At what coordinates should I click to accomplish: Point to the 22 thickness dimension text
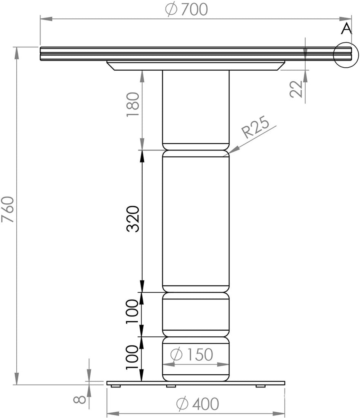pos(297,89)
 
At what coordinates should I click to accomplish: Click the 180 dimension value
pos(134,104)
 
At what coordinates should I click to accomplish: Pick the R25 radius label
pos(255,129)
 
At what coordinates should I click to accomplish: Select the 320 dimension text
pos(134,219)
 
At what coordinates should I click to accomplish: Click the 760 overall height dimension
pos(8,210)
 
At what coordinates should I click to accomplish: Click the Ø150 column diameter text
pos(191,355)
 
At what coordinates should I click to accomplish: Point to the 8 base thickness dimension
pos(82,398)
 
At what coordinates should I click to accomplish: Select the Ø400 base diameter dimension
pos(197,404)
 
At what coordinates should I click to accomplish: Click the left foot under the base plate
pos(116,386)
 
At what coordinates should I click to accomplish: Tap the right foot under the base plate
pos(260,386)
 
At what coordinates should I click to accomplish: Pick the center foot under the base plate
pos(171,386)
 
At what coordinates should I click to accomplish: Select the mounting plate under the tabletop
pos(196,66)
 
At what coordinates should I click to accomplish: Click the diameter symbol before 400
pos(182,404)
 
